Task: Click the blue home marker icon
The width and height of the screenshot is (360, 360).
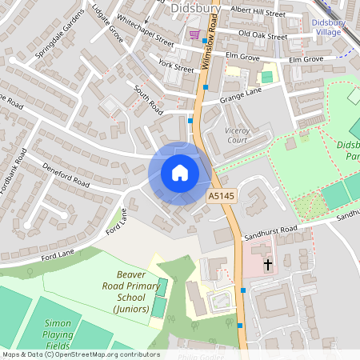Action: [x=180, y=173]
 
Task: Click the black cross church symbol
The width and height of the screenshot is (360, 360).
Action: [x=267, y=263]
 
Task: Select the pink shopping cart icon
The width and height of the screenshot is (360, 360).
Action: [x=194, y=35]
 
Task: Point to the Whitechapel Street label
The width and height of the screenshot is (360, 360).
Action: [x=145, y=30]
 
